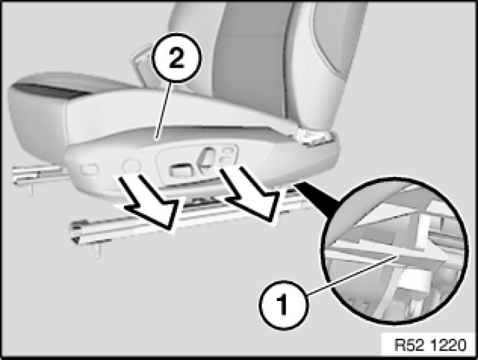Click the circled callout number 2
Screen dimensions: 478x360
pos(176,58)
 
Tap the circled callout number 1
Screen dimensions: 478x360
pos(283,304)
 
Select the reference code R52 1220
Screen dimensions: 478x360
pos(430,345)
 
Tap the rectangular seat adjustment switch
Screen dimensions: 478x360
pos(180,170)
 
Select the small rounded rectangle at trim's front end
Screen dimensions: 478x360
pos(89,169)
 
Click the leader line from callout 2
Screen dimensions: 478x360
pos(164,110)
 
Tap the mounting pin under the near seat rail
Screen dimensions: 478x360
pos(97,250)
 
